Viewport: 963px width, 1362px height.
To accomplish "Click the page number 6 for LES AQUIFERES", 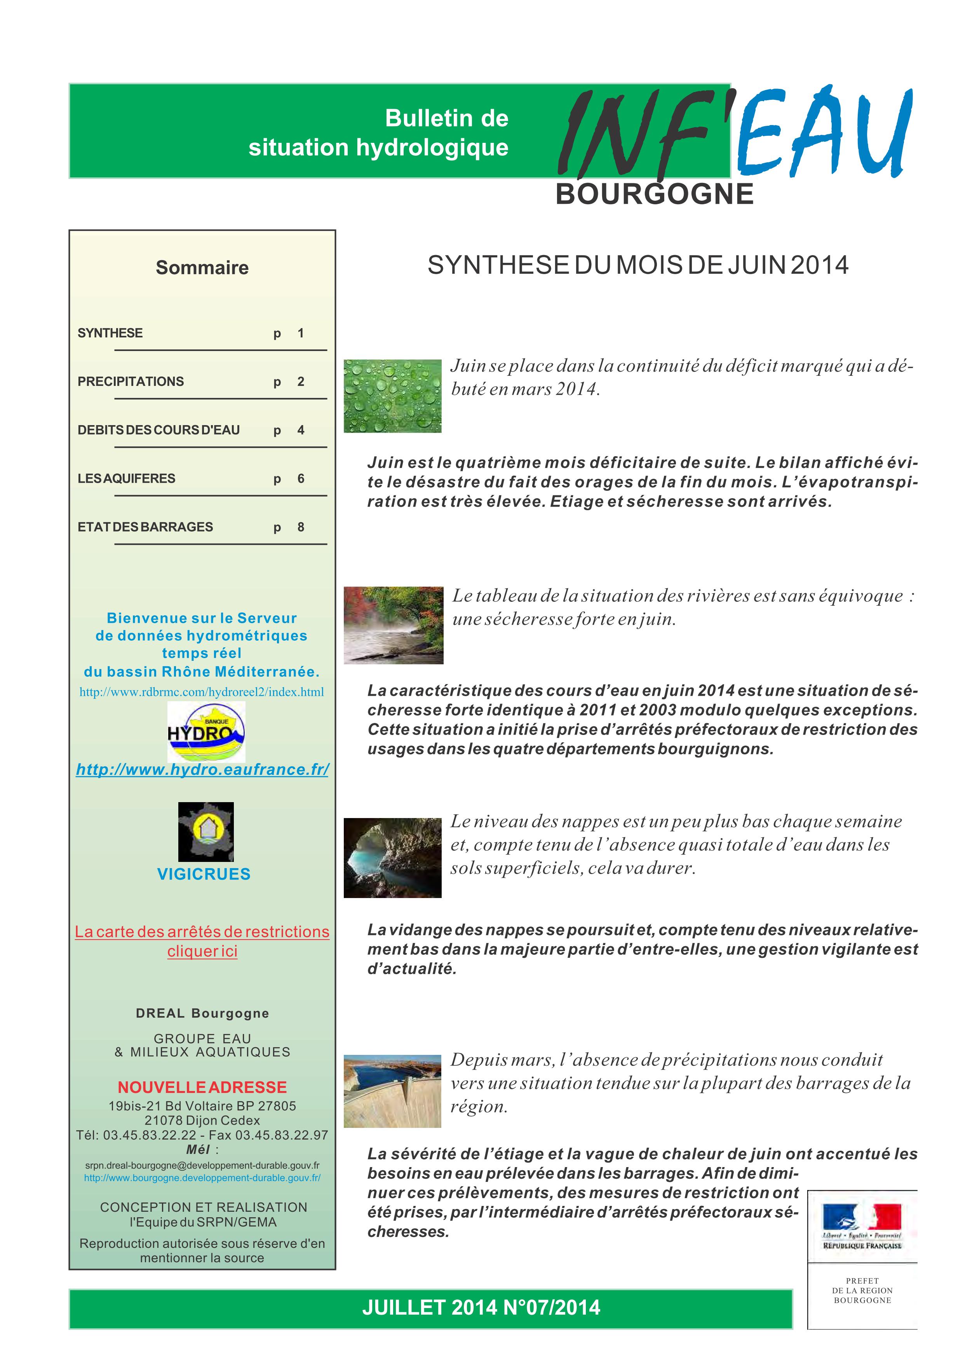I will [x=301, y=479].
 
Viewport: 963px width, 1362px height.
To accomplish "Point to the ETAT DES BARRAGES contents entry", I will [x=145, y=527].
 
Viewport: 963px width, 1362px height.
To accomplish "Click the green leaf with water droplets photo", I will [x=392, y=396].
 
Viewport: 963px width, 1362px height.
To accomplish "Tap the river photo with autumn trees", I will [x=394, y=625].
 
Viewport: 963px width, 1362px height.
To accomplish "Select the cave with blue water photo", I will [x=392, y=857].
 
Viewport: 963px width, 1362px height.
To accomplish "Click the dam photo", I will [x=392, y=1091].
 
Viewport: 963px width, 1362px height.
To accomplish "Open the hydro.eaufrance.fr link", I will [x=202, y=770].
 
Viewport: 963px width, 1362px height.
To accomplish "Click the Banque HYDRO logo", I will [x=206, y=731].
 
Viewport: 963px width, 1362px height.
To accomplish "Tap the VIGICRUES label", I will [x=204, y=874].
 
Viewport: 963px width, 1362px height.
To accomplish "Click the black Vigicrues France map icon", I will [x=206, y=832].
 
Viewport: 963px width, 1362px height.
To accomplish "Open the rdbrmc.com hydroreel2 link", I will [x=202, y=692].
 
